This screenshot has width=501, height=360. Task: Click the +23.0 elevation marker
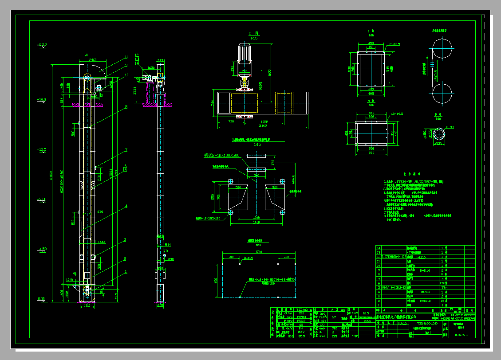42,45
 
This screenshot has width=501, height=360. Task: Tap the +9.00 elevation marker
42,200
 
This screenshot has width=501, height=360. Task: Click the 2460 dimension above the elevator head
93,59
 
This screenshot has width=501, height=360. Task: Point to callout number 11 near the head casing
126,57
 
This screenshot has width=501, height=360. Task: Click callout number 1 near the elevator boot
126,271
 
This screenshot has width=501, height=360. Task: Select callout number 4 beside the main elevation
126,206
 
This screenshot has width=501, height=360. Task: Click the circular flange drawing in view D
439,133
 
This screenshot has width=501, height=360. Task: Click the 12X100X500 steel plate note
222,156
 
